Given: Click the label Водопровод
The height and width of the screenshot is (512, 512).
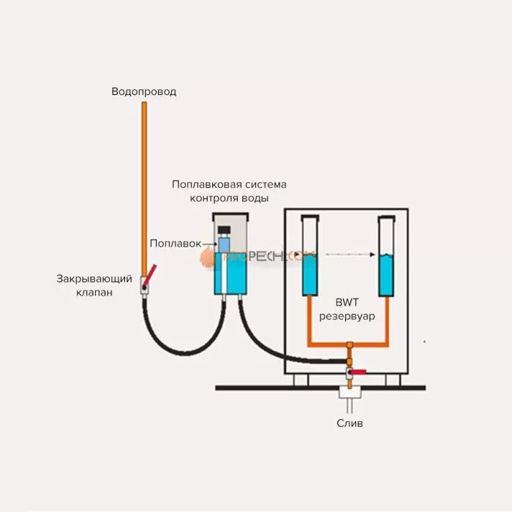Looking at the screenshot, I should point(144,92).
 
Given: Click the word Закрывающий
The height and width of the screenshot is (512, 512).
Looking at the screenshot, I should point(94,279).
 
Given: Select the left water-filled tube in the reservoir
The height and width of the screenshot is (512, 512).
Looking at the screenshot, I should point(310,271).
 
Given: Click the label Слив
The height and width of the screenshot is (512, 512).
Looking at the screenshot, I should point(349,423).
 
